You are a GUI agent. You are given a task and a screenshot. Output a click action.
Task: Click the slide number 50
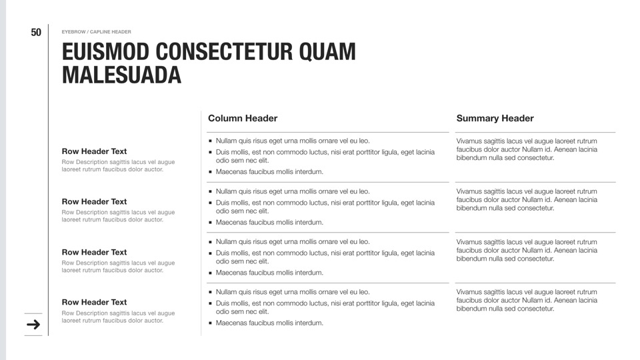[x=36, y=33]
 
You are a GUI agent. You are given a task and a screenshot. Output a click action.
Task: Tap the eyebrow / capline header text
[x=96, y=32]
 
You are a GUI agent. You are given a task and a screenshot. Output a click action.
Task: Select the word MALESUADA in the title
[x=121, y=75]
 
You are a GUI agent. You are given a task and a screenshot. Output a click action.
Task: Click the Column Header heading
[x=243, y=119]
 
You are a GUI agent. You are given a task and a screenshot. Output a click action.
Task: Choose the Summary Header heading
[x=495, y=119]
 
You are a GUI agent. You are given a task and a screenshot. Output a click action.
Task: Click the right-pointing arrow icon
[x=33, y=325]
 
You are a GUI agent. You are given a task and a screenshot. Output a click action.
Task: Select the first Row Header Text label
[x=94, y=151]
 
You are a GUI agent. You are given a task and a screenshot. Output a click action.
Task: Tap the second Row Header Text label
[x=94, y=201]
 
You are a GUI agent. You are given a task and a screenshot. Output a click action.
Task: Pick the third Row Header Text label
[x=94, y=252]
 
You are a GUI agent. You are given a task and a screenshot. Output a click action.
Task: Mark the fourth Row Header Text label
[x=94, y=302]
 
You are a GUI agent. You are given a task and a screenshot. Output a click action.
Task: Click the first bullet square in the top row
[x=211, y=141]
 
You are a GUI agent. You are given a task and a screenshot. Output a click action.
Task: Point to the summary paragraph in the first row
[x=527, y=149]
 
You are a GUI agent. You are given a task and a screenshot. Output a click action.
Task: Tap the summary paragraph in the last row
[x=527, y=300]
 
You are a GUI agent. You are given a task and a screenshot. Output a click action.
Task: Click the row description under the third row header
[x=118, y=267]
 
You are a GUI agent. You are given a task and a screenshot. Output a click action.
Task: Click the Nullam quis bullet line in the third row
[x=292, y=242]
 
